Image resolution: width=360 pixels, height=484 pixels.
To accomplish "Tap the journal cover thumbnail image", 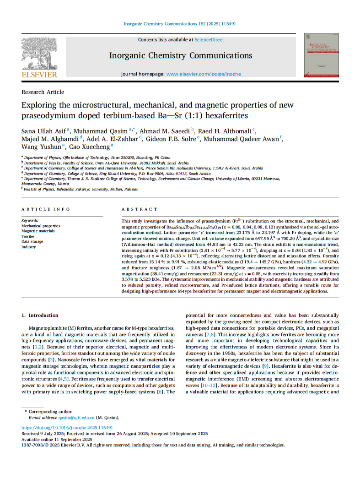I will (x=321, y=54).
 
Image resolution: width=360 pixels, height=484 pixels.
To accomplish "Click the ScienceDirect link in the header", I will (x=209, y=40).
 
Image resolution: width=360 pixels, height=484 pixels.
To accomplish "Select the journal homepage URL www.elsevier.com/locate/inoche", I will (x=204, y=74).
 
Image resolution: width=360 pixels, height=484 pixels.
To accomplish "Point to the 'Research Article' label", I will (x=43, y=92).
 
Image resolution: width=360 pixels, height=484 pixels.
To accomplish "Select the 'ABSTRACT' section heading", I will (x=139, y=209).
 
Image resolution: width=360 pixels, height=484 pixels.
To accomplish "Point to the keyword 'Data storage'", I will (x=32, y=241).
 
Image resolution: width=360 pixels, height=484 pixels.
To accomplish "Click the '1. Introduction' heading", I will (x=40, y=315).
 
